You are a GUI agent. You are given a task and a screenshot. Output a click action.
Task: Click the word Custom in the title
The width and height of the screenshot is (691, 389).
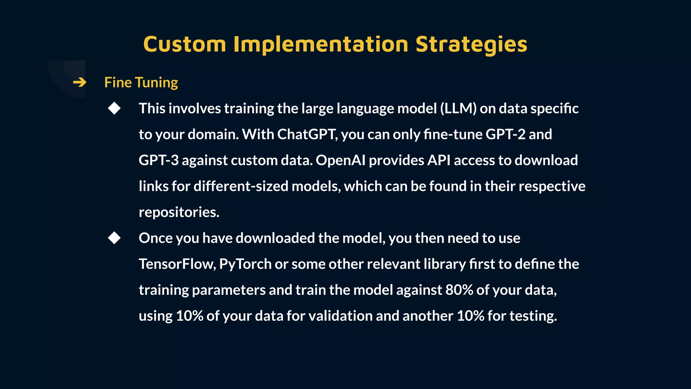(185, 44)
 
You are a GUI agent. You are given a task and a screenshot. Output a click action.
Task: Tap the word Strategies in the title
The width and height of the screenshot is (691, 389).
(471, 44)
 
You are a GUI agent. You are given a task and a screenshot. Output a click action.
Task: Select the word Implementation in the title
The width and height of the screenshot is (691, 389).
(321, 44)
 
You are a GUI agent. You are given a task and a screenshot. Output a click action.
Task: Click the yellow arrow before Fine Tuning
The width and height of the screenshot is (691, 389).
(80, 82)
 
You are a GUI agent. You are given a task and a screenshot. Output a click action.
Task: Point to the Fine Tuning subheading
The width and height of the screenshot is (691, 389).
(141, 82)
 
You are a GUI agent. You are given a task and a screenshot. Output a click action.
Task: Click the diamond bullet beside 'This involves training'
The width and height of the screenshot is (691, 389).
(114, 108)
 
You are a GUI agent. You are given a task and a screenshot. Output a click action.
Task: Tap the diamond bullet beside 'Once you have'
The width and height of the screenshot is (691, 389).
(114, 238)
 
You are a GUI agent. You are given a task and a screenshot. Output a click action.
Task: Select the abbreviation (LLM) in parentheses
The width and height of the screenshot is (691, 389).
(458, 108)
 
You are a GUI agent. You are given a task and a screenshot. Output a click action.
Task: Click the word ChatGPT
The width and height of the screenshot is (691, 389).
(307, 134)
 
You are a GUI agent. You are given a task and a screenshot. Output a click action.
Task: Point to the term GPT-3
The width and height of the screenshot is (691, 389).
(159, 160)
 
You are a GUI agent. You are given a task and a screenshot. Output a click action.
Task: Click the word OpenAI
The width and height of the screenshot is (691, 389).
(340, 160)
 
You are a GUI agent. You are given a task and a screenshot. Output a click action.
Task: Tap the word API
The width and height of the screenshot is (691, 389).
(439, 160)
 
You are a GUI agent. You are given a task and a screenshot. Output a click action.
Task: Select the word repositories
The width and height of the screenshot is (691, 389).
(179, 212)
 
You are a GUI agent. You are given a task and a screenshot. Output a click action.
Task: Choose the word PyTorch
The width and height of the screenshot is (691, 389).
(245, 264)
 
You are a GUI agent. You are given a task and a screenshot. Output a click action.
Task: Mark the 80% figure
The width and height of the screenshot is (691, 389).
(459, 290)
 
